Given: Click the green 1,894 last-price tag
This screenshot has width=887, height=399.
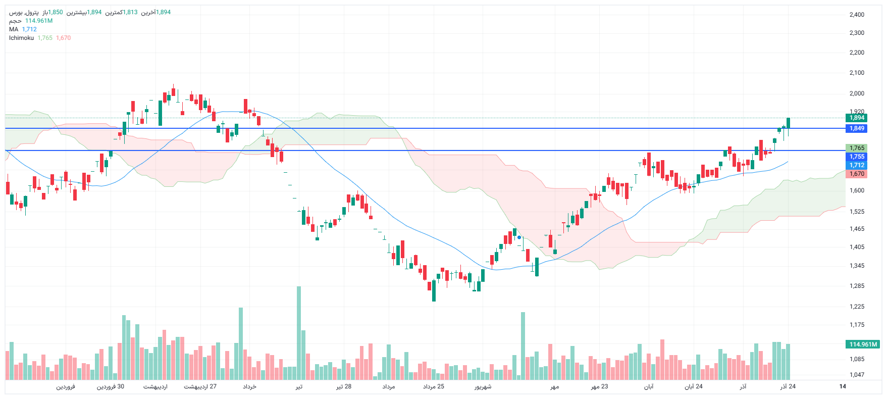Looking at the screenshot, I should [x=856, y=118].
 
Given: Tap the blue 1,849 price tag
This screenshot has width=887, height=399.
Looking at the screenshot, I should [x=856, y=128].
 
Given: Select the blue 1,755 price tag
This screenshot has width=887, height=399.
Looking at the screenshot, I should [x=856, y=157].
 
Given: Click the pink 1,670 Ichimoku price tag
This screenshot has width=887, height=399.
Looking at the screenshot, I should [x=856, y=174].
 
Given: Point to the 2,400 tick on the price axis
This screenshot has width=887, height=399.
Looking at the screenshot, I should [x=857, y=15].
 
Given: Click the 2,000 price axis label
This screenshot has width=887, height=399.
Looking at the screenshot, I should [x=857, y=93].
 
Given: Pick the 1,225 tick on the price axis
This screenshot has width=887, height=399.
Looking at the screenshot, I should [x=857, y=307].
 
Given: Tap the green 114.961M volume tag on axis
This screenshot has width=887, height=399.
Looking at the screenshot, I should [x=863, y=344].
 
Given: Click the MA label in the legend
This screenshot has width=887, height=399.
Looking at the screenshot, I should [x=14, y=29].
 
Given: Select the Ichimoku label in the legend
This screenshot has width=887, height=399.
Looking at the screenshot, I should [x=21, y=38].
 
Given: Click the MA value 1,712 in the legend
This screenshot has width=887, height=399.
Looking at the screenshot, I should [x=29, y=29].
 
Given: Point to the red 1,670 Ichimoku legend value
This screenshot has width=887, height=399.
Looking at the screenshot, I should [x=64, y=38].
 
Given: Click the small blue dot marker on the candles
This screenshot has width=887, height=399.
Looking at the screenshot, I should [x=519, y=237].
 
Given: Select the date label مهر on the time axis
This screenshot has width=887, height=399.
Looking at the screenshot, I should [x=555, y=386].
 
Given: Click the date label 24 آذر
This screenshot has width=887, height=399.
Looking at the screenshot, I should [x=788, y=386].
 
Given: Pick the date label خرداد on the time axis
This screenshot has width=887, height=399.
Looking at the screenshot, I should [x=250, y=386].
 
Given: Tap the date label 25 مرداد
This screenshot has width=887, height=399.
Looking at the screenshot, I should [x=434, y=386].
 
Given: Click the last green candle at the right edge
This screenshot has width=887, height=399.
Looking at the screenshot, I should [x=788, y=123].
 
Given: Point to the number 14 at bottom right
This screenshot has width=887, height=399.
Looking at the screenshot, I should [x=843, y=386].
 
